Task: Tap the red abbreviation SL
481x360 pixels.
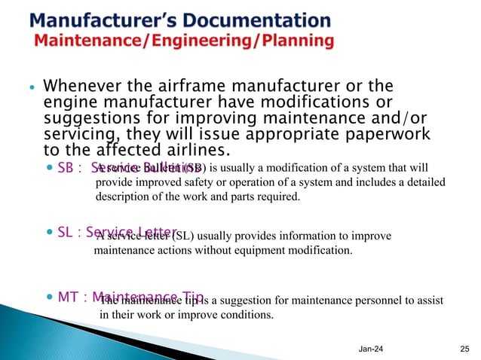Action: pyautogui.click(x=66, y=232)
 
